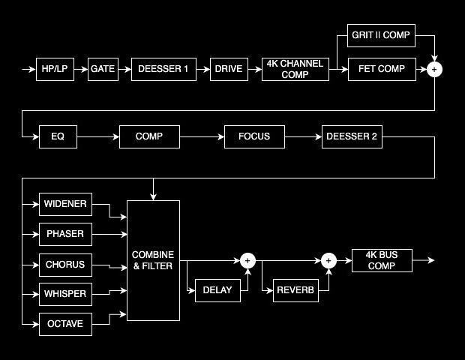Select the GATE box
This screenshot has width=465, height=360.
pos(103,70)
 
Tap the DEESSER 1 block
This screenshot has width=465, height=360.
pos(163,70)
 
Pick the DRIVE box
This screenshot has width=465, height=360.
pos(229,70)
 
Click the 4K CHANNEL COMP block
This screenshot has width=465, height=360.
pos(295,70)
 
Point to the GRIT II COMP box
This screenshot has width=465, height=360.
pos(381,34)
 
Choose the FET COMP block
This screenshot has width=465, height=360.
pos(381,70)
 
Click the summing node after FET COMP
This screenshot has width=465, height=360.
pos(434,70)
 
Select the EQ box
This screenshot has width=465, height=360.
pos(58,136)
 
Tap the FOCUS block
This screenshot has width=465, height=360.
pos(254,136)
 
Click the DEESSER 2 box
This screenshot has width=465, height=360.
pos(352,136)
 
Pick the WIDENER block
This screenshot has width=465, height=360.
pos(65,203)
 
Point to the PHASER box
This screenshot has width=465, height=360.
pos(65,234)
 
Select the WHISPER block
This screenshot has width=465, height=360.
pos(65,294)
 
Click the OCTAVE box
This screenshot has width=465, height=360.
pos(65,324)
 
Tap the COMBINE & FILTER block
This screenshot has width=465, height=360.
pos(153,260)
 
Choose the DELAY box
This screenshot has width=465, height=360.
pos(217,290)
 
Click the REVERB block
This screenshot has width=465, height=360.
pos(296,290)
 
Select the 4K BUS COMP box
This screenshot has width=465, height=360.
pos(382,260)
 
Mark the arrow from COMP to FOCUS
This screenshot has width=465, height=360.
pos(202,136)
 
